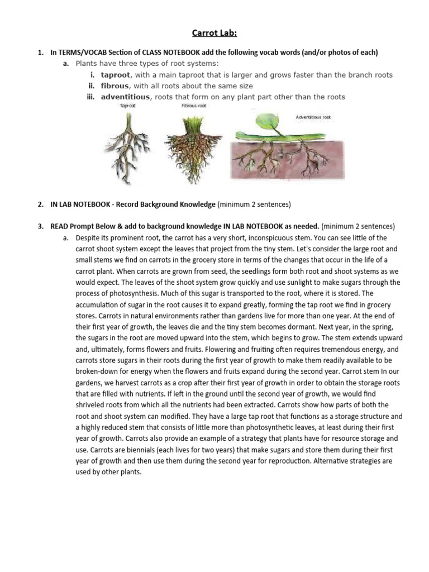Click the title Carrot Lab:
coord(214,34)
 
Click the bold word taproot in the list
coord(116,75)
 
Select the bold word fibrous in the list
coord(115,86)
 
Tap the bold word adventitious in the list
coord(126,97)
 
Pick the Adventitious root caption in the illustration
coord(313,117)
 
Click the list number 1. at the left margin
coord(41,53)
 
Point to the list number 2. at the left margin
coord(41,205)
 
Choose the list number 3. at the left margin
coord(41,227)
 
